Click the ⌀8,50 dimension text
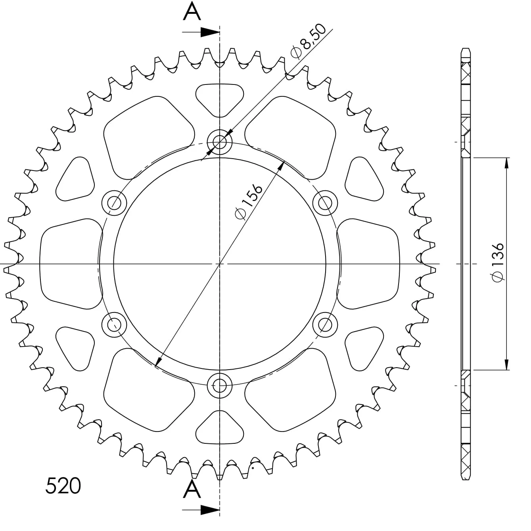click(x=308, y=42)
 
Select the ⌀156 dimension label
click(x=248, y=202)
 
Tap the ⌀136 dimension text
click(x=498, y=263)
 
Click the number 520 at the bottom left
click(x=63, y=485)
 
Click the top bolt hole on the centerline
click(x=220, y=142)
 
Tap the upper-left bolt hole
click(x=114, y=203)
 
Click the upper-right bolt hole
click(x=325, y=203)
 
